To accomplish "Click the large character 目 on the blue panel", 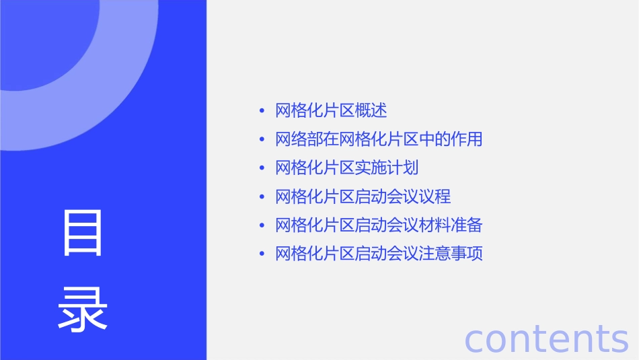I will tap(83, 233).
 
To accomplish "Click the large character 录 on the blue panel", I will tap(83, 310).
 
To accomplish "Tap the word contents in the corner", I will tap(546, 338).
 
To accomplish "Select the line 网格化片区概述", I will tap(331, 110).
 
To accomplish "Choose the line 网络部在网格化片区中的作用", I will tap(379, 139).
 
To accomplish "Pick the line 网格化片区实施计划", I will tap(347, 168).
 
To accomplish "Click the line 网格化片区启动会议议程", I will tap(363, 196).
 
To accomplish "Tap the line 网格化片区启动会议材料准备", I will tap(379, 225).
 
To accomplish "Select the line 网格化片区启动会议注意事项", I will tap(379, 254).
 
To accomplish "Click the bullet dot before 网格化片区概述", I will tap(262, 111).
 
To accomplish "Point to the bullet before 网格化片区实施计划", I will tap(262, 168).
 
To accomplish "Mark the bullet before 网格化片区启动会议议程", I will tap(262, 197).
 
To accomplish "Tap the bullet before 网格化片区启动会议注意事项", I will tap(262, 254).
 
